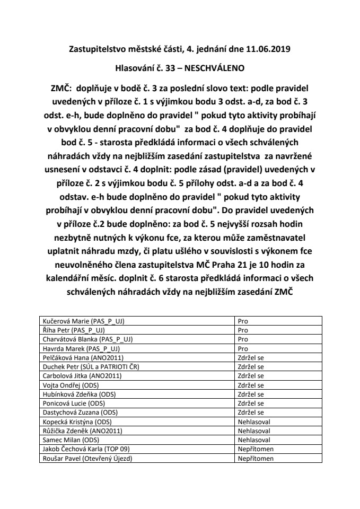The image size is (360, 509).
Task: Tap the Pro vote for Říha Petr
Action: pos(243,329)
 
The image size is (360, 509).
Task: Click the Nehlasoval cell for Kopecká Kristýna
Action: pos(254,421)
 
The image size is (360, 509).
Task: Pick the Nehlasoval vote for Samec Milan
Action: pos(254,439)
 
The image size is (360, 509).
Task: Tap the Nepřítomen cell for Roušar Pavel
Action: pos(256,458)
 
